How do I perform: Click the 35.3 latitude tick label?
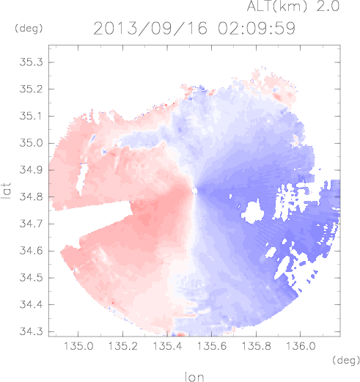pyautogui.click(x=31, y=62)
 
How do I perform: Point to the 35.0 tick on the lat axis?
pyautogui.click(x=31, y=143)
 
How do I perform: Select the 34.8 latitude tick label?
pyautogui.click(x=31, y=196)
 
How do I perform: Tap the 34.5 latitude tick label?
pyautogui.click(x=31, y=278)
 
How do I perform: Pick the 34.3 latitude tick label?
pyautogui.click(x=31, y=331)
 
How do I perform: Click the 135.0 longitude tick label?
pyautogui.click(x=78, y=346)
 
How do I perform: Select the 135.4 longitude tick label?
pyautogui.click(x=167, y=346)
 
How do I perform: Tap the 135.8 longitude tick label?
pyautogui.click(x=256, y=346)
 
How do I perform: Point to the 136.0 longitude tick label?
pyautogui.click(x=301, y=346)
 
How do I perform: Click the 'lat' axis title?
pyautogui.click(x=7, y=191)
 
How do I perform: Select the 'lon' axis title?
pyautogui.click(x=194, y=377)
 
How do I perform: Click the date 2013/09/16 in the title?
pyautogui.click(x=150, y=29)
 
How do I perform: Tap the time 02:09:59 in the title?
pyautogui.click(x=257, y=29)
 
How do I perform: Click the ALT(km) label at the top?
pyautogui.click(x=277, y=6)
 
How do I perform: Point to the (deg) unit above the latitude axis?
pyautogui.click(x=29, y=29)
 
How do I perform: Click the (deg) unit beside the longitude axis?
pyautogui.click(x=346, y=360)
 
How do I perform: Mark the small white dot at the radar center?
pyautogui.click(x=194, y=191)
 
